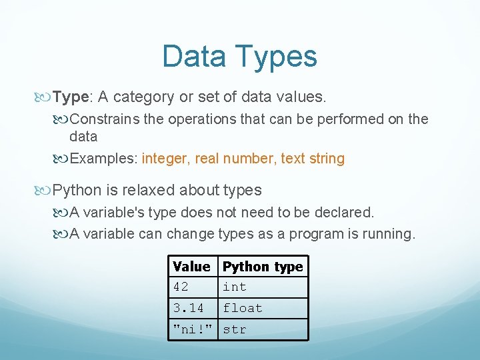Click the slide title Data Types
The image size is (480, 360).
(x=239, y=56)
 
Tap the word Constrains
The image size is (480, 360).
(x=103, y=119)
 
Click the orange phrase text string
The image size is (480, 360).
(x=313, y=159)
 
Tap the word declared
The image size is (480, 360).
(x=345, y=213)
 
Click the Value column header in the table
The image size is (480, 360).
(x=191, y=267)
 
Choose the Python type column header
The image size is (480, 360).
(x=263, y=267)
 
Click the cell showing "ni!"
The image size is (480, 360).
(x=193, y=329)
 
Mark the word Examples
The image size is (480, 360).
(x=103, y=159)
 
